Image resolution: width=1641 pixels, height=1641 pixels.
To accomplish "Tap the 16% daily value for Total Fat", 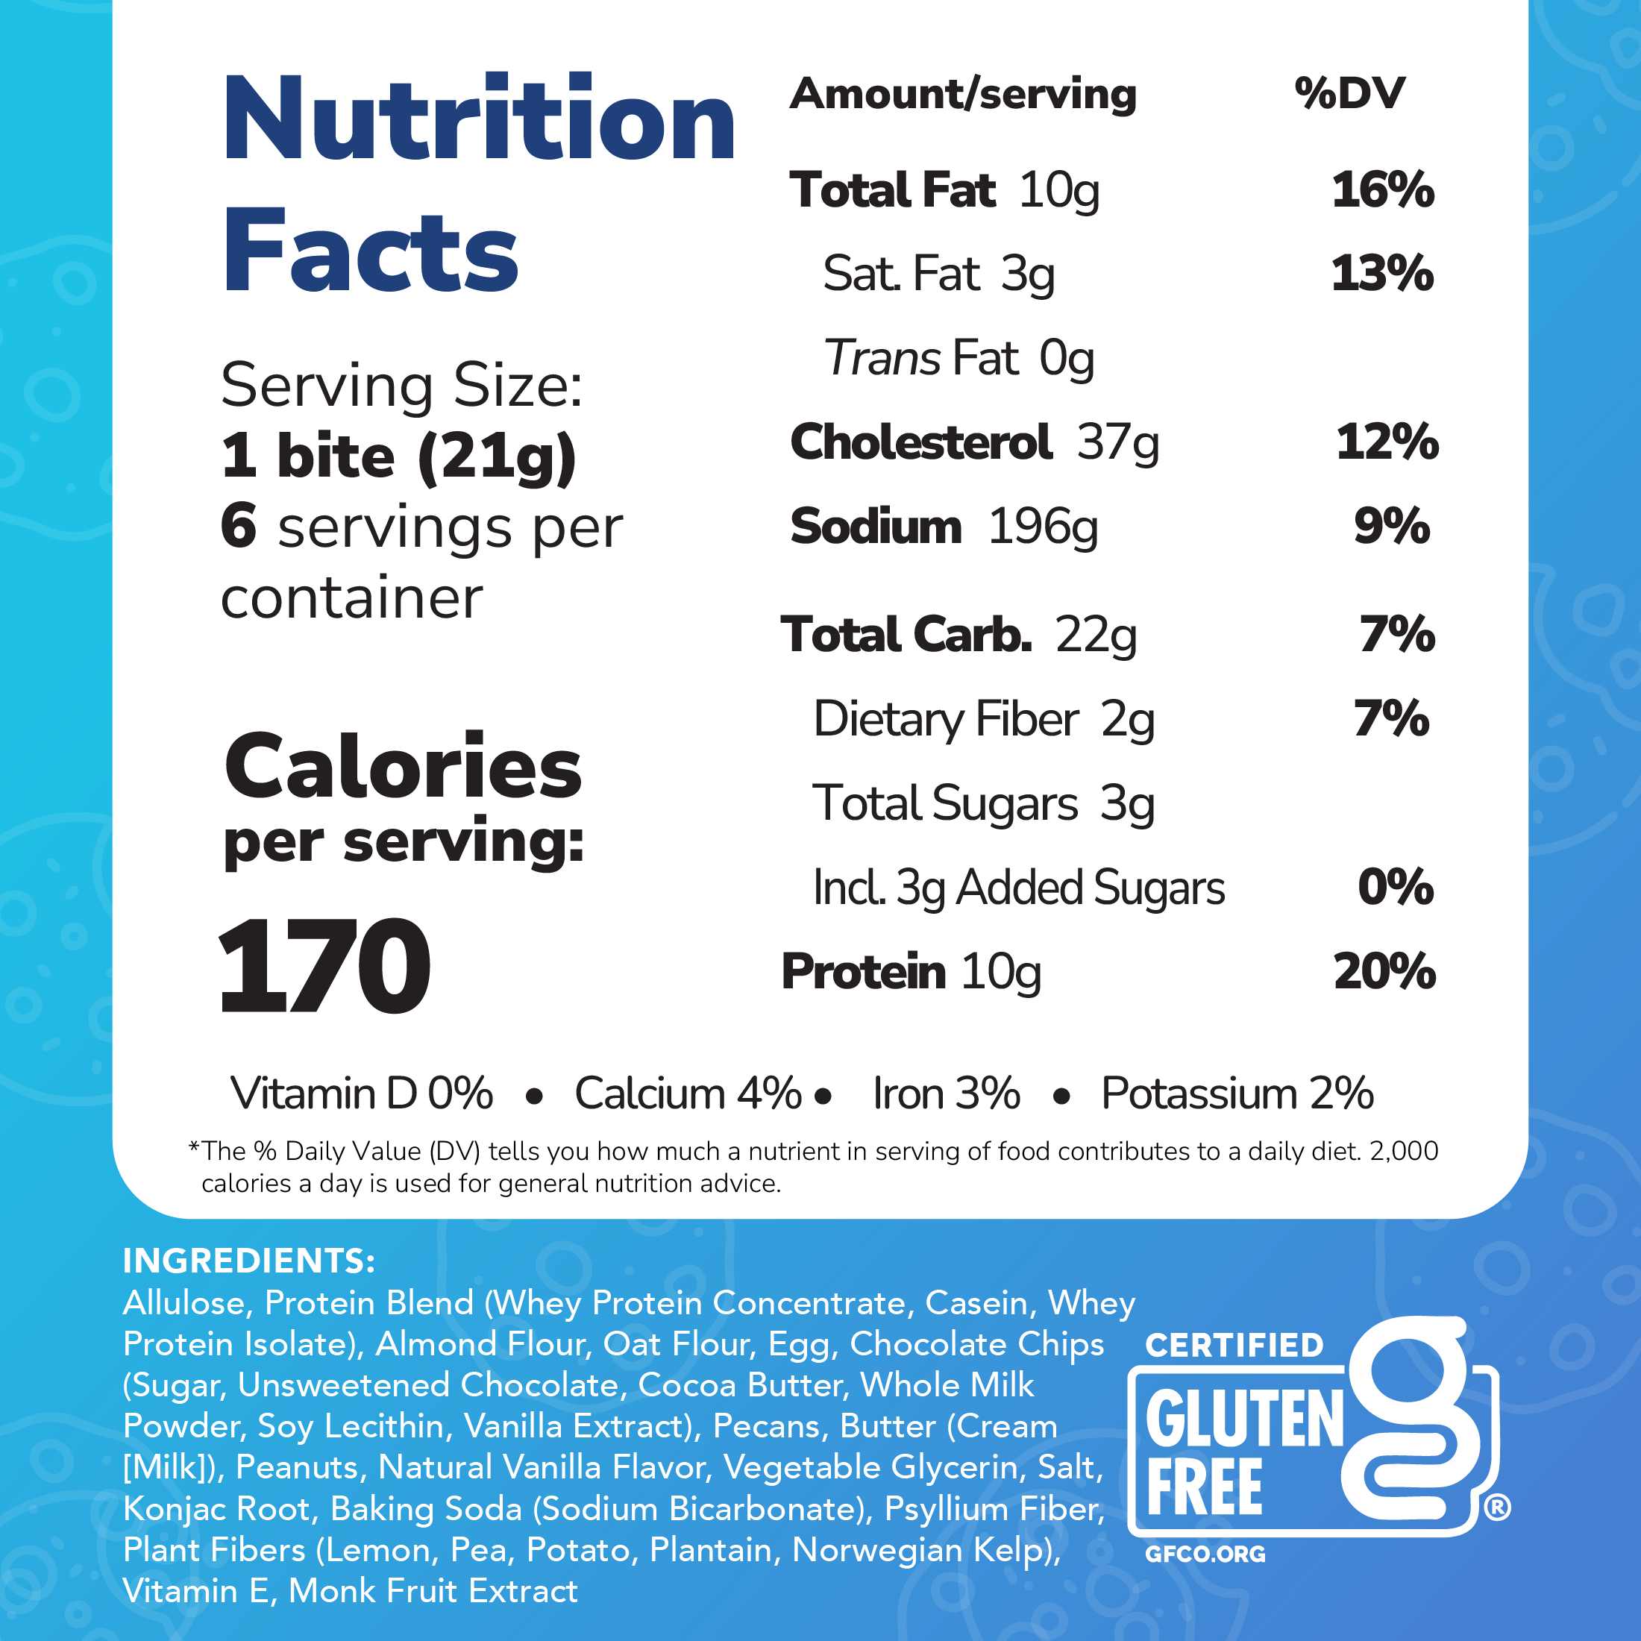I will coord(1382,189).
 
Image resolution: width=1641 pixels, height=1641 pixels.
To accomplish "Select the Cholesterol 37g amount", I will coord(1117,442).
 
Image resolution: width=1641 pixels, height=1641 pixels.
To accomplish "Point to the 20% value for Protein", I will coord(1384,972).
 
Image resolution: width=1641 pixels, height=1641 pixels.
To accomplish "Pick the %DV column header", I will coord(1349,93).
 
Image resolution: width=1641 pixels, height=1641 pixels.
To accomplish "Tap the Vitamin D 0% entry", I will coord(361,1094).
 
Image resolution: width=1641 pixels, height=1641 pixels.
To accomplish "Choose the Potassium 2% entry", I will coord(1237,1094).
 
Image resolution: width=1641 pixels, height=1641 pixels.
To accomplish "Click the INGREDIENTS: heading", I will coord(249,1261).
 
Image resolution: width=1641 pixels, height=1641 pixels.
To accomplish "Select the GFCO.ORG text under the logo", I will coord(1205,1554).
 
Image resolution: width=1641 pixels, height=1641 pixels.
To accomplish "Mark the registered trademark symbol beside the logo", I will coord(1496,1507).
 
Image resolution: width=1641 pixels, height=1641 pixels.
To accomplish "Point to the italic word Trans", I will coord(882,357).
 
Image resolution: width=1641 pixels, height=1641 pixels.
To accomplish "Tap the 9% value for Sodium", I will coord(1391,527).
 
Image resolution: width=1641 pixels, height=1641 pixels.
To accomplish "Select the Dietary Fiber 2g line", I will coord(984,719).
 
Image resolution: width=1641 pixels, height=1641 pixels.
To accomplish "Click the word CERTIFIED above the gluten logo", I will coord(1233,1346).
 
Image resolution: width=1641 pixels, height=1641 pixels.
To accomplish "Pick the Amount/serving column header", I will coord(962,94).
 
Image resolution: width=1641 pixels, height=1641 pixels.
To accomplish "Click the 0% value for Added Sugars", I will coord(1395,888).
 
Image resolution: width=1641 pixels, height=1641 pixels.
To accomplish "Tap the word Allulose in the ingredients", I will coord(183,1303).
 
